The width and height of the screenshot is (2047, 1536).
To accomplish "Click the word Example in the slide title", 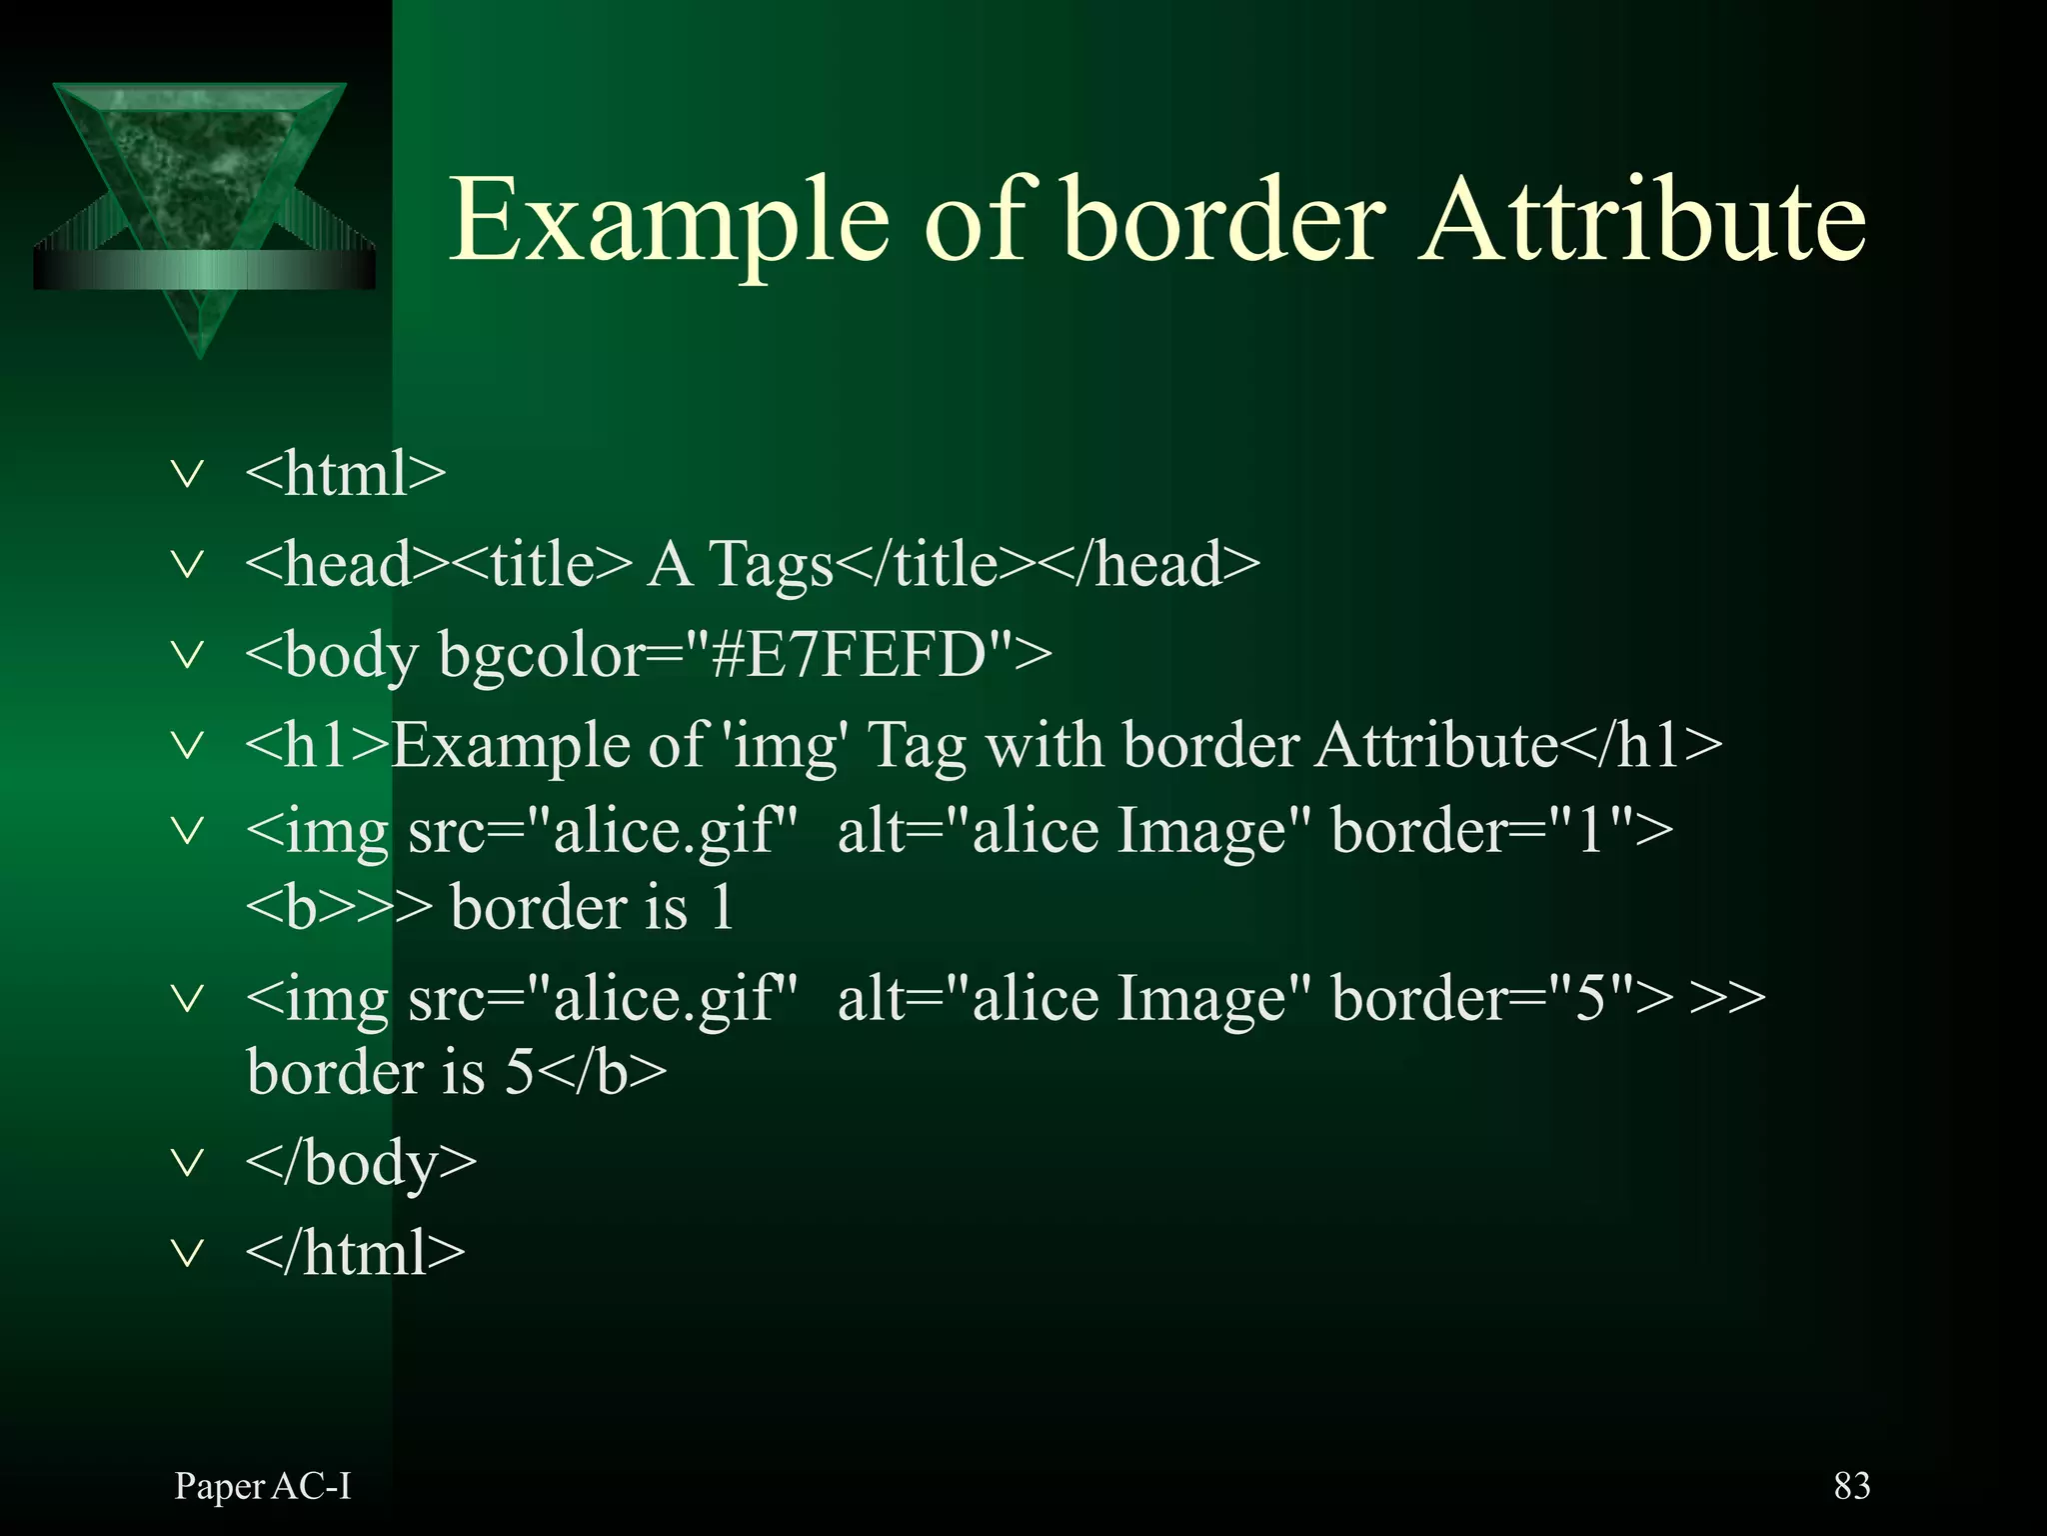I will [x=668, y=222].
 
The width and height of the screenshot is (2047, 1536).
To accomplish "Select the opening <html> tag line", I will [x=346, y=473].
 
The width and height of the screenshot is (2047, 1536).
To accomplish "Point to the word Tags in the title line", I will [x=771, y=565].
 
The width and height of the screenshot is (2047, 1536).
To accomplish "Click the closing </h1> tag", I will [x=1640, y=745].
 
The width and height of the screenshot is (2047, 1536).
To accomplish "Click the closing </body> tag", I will [x=361, y=1163].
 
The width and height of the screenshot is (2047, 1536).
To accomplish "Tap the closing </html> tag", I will [x=356, y=1253].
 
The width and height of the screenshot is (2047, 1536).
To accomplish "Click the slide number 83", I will [x=1851, y=1486].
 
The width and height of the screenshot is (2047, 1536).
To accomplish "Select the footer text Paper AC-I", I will [x=263, y=1487].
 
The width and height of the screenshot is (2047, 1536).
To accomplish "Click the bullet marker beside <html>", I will [x=187, y=473].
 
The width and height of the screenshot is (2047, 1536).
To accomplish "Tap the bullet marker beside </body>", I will [x=187, y=1162].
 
